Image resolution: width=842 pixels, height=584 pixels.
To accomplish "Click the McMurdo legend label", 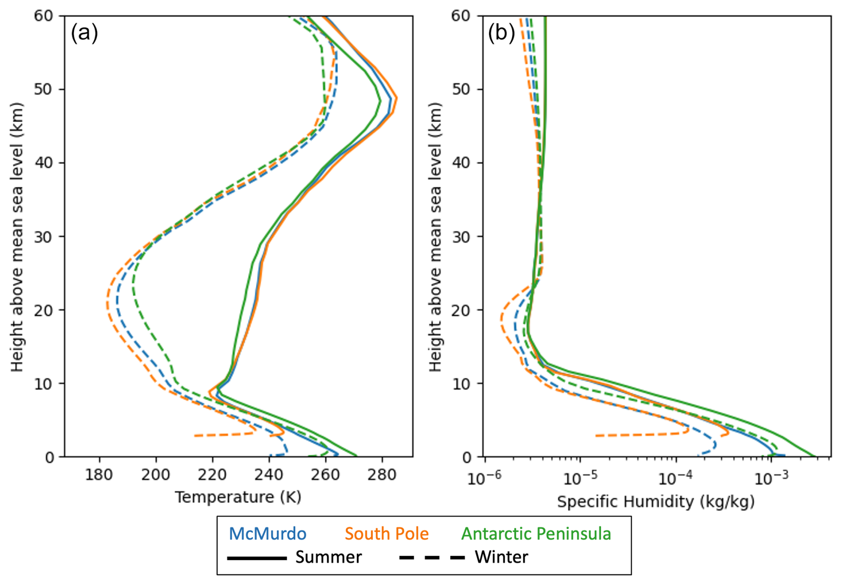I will pyautogui.click(x=267, y=534).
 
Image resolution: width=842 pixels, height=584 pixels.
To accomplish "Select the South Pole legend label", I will pyautogui.click(x=387, y=534).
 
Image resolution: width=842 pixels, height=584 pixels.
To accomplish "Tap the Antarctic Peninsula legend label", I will pyautogui.click(x=536, y=534).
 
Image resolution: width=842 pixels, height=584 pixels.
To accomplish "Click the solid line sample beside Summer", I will pyautogui.click(x=257, y=558).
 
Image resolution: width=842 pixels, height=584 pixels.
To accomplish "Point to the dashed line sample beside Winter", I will pyautogui.click(x=432, y=558).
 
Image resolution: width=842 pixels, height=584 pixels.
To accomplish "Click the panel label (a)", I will pyautogui.click(x=84, y=33).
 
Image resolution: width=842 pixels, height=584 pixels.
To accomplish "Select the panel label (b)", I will pyautogui.click(x=502, y=33).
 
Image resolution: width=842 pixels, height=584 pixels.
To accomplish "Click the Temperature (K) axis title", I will pyautogui.click(x=238, y=497).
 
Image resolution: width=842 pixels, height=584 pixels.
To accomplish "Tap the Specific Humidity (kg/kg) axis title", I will pyautogui.click(x=656, y=501).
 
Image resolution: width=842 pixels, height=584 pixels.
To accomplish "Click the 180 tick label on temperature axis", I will pyautogui.click(x=99, y=475).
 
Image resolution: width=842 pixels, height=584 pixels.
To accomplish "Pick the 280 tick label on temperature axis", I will pyautogui.click(x=382, y=475).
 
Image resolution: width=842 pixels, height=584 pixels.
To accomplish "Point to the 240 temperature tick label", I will pyautogui.click(x=269, y=475).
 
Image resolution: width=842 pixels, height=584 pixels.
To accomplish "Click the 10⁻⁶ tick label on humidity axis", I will pyautogui.click(x=484, y=478).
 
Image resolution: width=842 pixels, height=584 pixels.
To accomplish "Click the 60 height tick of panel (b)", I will pyautogui.click(x=461, y=16).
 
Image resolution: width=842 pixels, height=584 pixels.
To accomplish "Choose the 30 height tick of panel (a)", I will pyautogui.click(x=44, y=237).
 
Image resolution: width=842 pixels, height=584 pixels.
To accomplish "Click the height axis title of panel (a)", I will pyautogui.click(x=17, y=237).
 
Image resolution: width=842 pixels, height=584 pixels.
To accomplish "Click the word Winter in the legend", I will pyautogui.click(x=501, y=557).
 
